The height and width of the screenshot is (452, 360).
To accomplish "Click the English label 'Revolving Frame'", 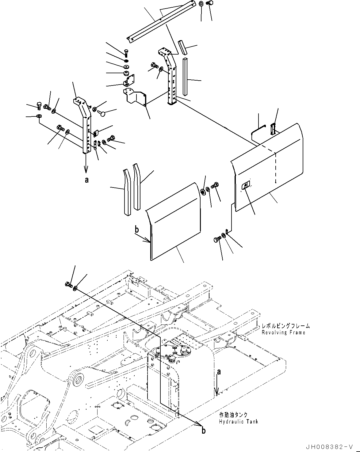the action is [283, 332].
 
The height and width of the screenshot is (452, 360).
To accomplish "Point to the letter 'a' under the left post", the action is [86, 180].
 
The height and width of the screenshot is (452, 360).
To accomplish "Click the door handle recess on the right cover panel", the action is [245, 185].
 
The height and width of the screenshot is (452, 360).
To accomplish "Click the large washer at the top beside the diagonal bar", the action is [201, 4].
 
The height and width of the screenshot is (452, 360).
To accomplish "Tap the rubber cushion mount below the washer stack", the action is [126, 74].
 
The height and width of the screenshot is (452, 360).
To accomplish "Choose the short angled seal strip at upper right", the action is [182, 47].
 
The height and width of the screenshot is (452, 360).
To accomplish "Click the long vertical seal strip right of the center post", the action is [185, 77].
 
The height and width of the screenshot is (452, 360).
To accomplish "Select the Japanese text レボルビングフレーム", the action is [285, 326].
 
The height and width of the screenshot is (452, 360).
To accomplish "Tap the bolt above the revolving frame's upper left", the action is [69, 285].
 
